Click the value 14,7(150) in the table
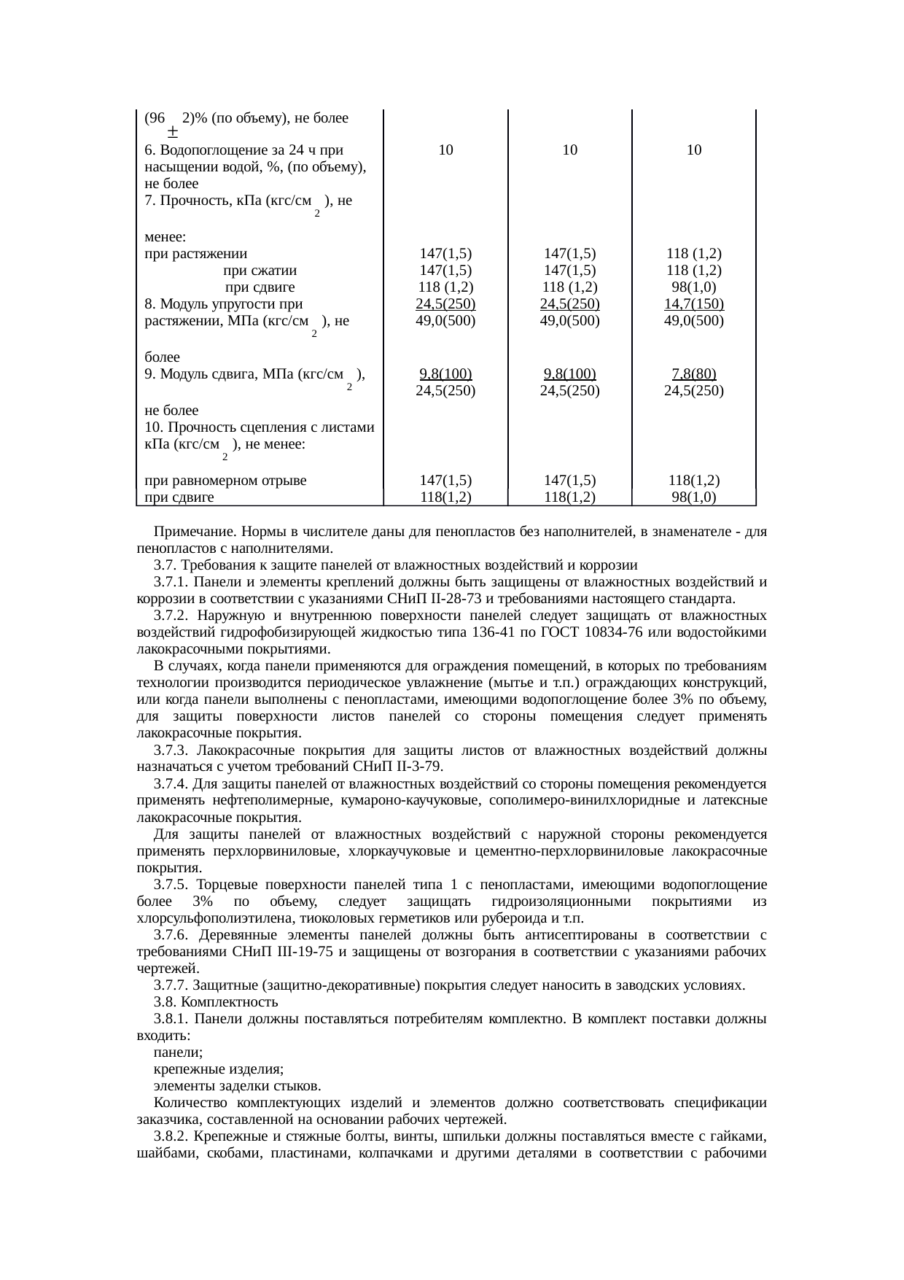click(x=694, y=303)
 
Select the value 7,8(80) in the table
click(x=694, y=373)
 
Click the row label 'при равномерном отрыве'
click(x=225, y=481)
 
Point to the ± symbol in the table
click(x=173, y=133)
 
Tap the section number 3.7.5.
click(x=171, y=885)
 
